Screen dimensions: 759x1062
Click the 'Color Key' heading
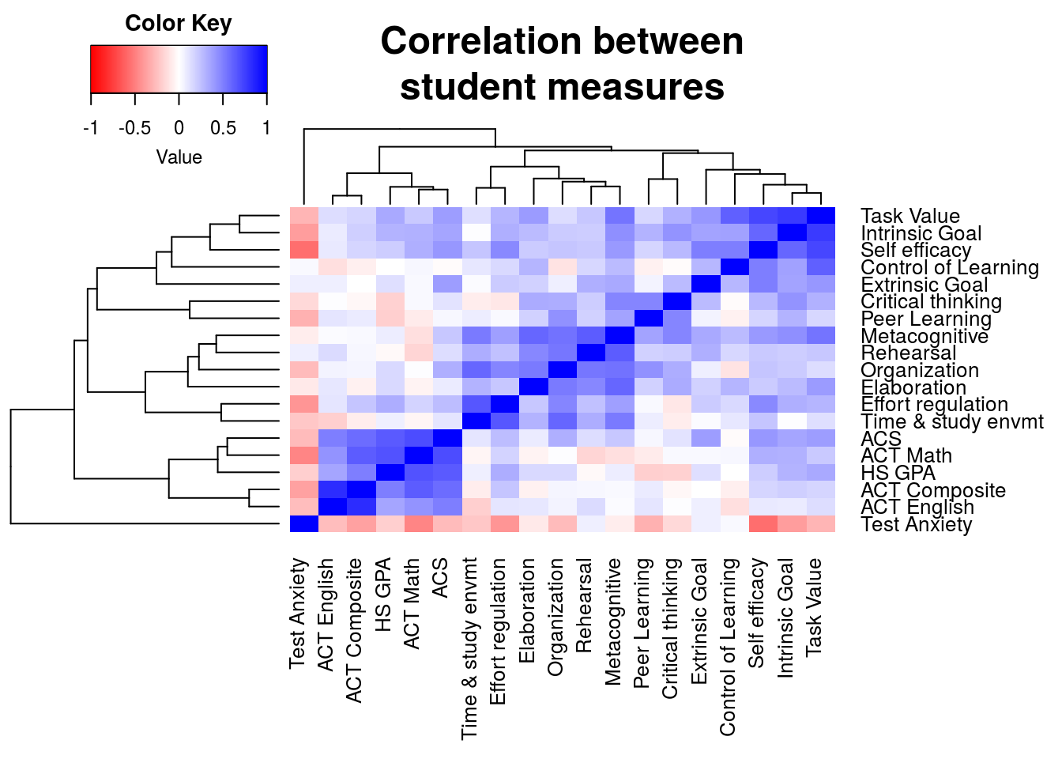point(178,24)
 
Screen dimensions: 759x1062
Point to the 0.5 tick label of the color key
point(224,127)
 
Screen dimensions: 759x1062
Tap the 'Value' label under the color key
point(179,157)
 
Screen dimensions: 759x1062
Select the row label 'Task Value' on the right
point(909,216)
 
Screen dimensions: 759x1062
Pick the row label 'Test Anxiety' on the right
point(916,524)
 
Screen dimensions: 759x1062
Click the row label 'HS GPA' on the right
point(898,473)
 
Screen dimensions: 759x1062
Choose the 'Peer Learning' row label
point(925,319)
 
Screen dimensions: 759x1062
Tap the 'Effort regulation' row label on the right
point(934,404)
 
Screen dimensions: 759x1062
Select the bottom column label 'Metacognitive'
point(613,621)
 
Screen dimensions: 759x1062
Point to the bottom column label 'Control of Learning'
point(728,647)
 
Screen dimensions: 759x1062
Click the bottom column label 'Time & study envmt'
point(469,648)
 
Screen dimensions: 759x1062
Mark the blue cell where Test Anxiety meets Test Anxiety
point(304,524)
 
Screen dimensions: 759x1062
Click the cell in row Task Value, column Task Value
point(821,216)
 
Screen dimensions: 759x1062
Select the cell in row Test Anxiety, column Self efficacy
point(763,524)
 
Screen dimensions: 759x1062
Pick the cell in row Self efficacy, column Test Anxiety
point(304,250)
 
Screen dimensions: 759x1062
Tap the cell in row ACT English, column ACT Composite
point(361,507)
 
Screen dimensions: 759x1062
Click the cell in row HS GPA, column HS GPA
point(390,473)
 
